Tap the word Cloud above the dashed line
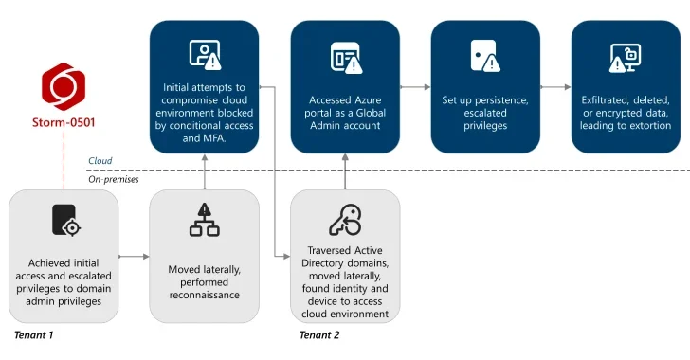100,161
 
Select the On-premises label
113,178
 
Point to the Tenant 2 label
318,334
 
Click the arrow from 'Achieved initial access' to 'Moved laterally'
134,256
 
